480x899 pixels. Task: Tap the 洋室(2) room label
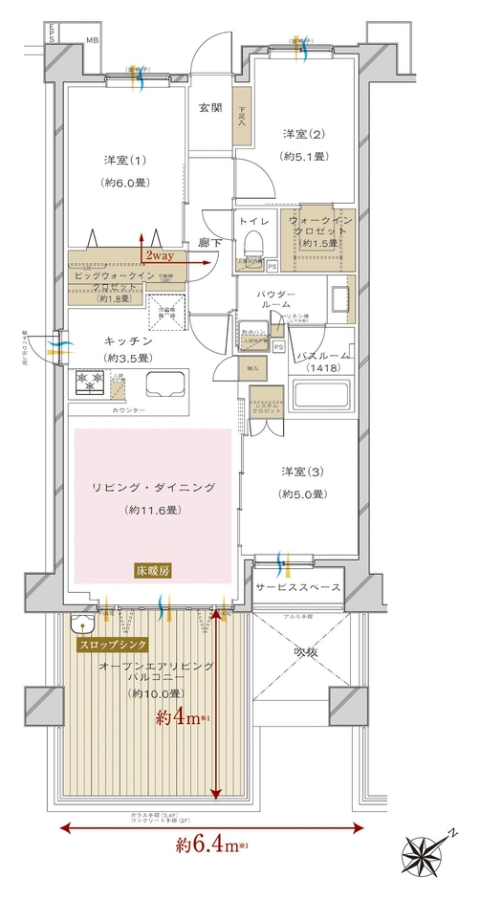coord(301,133)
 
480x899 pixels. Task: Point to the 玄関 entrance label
coord(210,106)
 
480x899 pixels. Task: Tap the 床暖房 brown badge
coord(153,571)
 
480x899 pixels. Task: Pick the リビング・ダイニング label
coord(153,488)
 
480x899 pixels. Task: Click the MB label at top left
coord(92,40)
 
